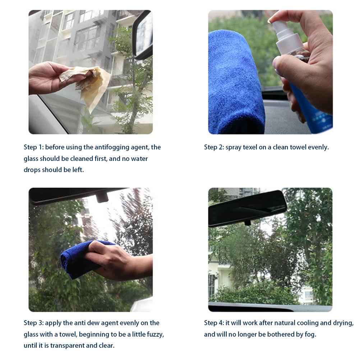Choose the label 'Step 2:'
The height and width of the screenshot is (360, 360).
214,147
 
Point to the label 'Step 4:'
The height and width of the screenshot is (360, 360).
214,323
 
